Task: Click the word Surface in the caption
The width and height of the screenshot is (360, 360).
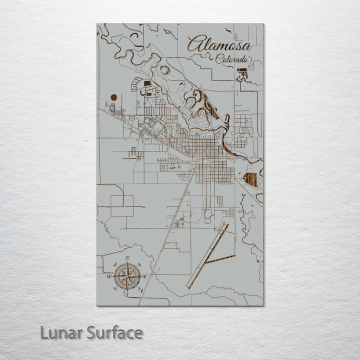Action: click(114, 332)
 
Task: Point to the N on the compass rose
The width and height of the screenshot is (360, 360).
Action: click(127, 258)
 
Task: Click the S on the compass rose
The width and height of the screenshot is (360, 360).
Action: click(127, 295)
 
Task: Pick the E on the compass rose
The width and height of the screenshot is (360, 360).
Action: click(145, 276)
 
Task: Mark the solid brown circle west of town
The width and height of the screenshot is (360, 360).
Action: click(113, 97)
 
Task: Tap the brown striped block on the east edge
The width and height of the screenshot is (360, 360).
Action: click(251, 179)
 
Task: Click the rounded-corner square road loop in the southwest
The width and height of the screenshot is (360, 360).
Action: click(122, 205)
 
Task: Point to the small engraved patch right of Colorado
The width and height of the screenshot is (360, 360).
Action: click(242, 75)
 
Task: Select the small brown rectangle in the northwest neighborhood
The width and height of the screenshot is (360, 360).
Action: click(147, 83)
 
